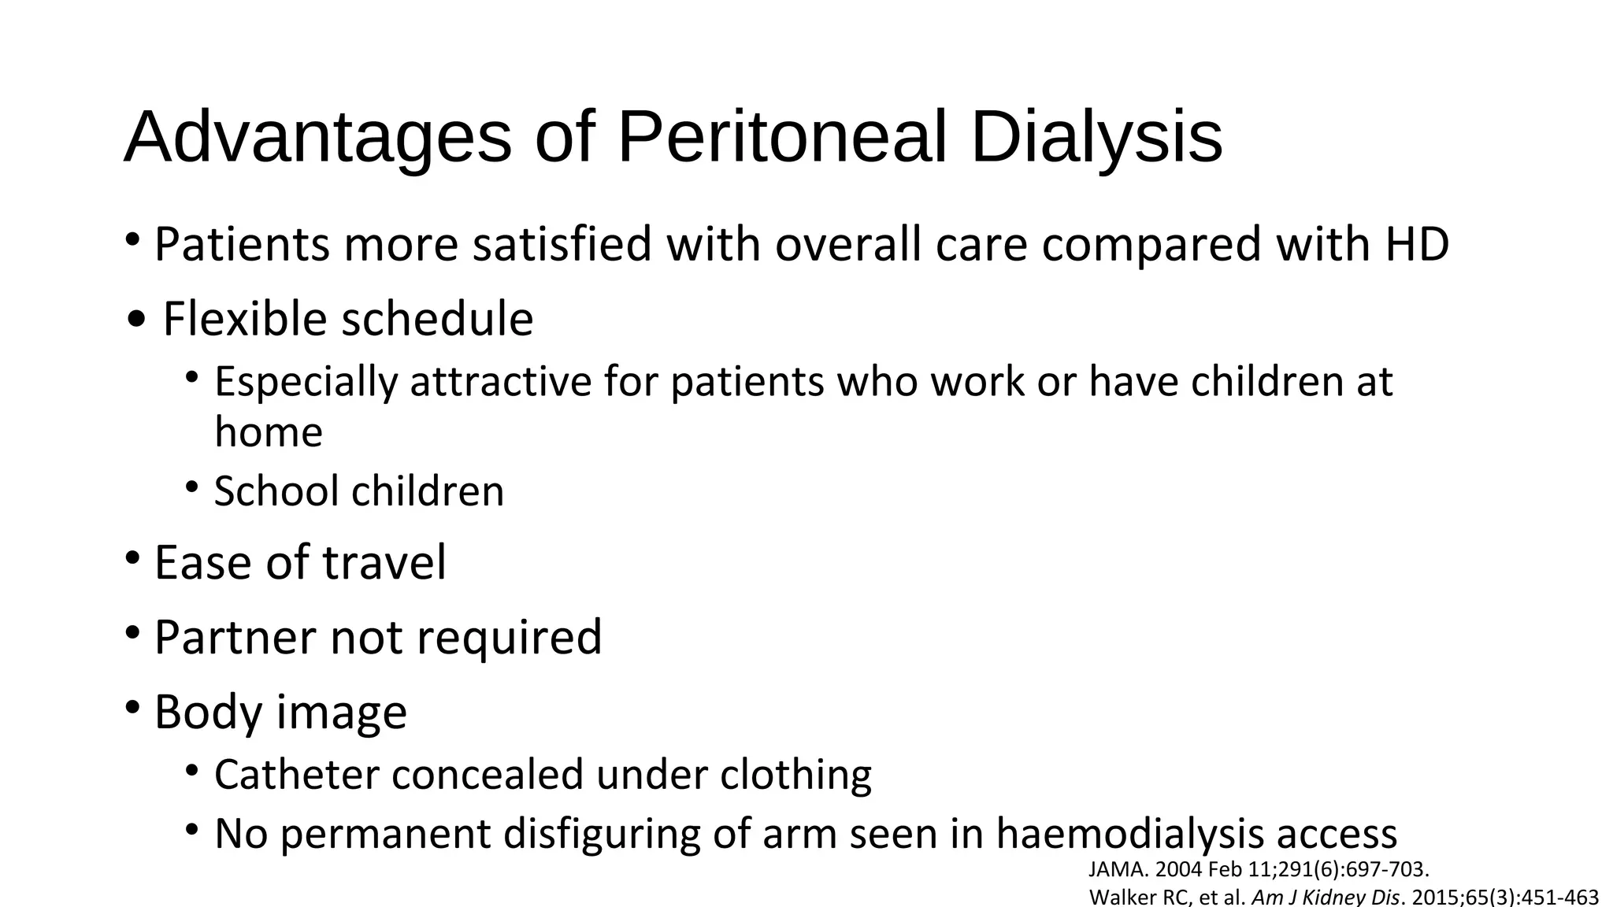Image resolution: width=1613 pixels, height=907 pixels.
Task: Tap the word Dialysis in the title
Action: [x=1096, y=138]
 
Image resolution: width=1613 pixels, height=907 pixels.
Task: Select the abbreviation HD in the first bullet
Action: [x=1418, y=244]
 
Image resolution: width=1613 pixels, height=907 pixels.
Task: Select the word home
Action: [x=269, y=432]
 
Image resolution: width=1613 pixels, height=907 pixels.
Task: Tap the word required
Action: [x=509, y=637]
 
